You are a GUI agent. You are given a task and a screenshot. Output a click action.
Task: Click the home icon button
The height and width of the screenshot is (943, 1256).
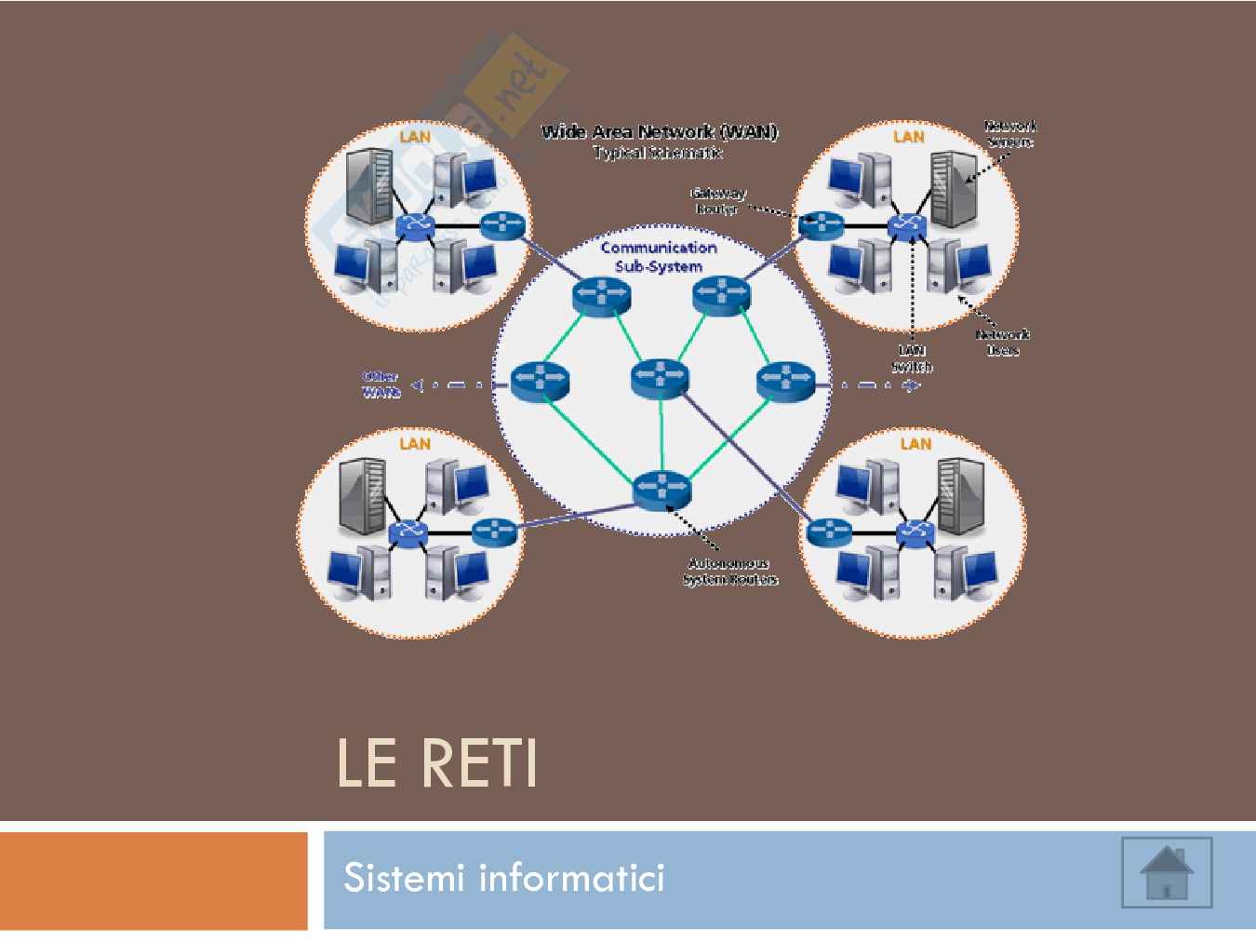1167,871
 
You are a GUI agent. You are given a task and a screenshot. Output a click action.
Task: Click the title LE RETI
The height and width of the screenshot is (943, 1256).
436,765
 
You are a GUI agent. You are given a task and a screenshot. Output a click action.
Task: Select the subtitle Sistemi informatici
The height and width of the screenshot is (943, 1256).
503,878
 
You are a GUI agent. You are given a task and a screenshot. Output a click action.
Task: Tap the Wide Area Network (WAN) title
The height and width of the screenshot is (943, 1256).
659,131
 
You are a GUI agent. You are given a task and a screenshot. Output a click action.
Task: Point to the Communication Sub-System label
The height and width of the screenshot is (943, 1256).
658,256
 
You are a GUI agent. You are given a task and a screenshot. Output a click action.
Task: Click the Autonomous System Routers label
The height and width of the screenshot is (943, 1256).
729,572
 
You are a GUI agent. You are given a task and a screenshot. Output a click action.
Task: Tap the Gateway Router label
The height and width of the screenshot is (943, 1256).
717,201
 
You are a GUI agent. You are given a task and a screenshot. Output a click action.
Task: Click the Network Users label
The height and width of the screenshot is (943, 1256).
1002,343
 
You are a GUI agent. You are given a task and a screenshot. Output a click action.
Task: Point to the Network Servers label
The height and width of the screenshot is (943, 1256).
1009,133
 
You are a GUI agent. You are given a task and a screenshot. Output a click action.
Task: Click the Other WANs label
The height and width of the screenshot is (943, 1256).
381,384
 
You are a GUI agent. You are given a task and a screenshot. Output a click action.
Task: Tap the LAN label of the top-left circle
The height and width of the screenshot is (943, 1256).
415,136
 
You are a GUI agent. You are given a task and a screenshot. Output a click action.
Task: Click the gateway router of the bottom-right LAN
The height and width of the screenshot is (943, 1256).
828,532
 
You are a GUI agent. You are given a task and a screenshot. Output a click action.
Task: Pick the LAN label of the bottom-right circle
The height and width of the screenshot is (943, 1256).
915,443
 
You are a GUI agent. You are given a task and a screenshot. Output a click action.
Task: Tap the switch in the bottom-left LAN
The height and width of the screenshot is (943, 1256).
407,531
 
